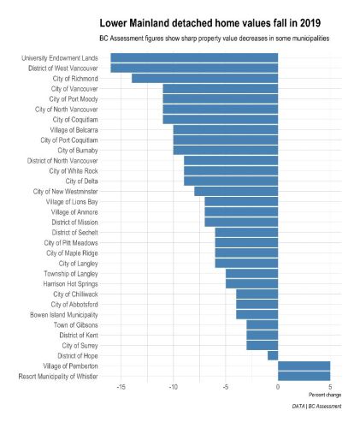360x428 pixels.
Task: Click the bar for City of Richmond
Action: (204, 79)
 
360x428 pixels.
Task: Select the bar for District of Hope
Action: (273, 356)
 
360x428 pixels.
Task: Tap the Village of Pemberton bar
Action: (304, 366)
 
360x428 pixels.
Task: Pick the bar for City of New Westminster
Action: (236, 192)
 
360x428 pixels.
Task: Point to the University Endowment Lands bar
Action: (194, 58)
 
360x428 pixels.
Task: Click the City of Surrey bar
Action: (263, 346)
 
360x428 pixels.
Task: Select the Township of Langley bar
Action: (251, 274)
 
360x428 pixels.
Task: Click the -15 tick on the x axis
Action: (121, 387)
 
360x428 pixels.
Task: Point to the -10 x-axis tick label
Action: (173, 387)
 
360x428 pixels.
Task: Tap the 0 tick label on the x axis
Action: (278, 387)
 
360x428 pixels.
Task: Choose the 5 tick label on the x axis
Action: (330, 387)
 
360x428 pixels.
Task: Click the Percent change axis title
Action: (325, 395)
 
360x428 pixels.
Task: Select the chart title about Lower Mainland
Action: (210, 23)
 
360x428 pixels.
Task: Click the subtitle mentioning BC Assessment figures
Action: (215, 39)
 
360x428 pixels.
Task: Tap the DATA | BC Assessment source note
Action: (316, 407)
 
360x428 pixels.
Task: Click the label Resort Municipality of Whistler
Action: (58, 377)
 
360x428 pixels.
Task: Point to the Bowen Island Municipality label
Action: (64, 315)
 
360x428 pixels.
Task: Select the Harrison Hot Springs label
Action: (71, 284)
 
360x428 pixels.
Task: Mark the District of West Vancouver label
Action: (63, 68)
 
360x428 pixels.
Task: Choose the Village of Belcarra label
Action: (74, 130)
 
